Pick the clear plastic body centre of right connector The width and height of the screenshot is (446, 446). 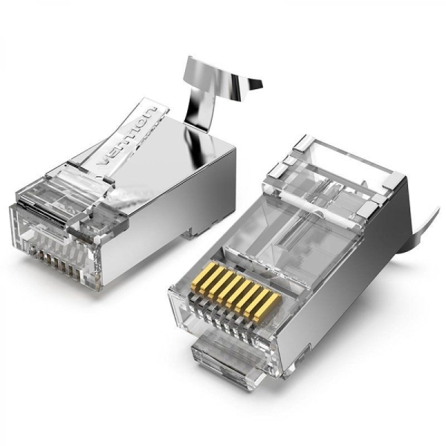click(x=297, y=230)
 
